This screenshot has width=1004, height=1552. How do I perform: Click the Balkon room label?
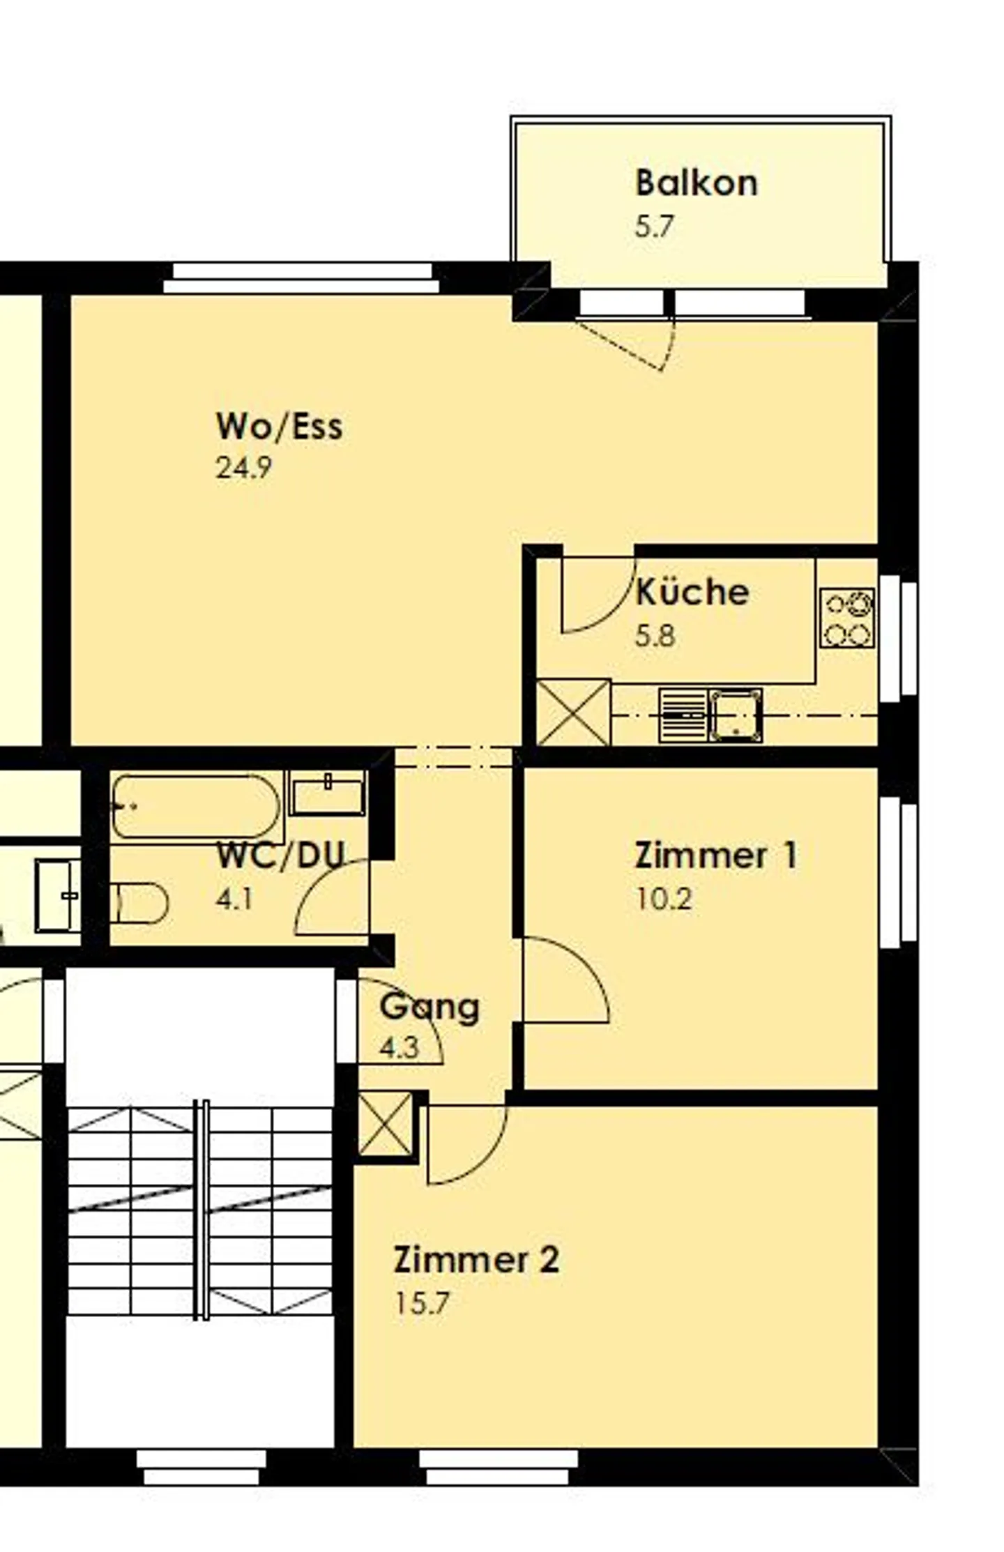click(695, 183)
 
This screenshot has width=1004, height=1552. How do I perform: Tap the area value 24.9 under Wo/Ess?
click(243, 467)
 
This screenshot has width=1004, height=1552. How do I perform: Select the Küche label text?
click(692, 592)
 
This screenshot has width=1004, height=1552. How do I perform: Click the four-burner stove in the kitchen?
click(846, 618)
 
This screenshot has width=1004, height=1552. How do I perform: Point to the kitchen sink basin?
click(736, 715)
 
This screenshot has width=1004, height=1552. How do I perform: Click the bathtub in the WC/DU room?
click(196, 807)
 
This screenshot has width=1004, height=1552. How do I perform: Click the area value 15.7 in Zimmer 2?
click(422, 1302)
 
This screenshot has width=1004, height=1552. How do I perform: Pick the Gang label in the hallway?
click(429, 1006)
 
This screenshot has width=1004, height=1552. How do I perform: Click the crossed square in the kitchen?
click(573, 713)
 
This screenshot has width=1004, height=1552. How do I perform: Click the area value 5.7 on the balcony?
click(654, 227)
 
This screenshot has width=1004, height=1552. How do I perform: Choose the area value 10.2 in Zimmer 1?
click(663, 899)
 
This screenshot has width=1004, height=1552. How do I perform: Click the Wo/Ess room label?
click(279, 426)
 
